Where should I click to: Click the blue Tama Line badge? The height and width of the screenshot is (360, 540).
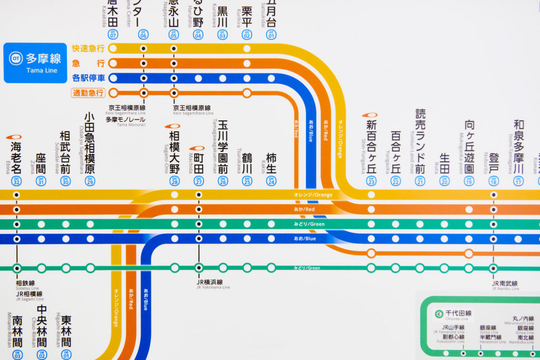click(x=35, y=63)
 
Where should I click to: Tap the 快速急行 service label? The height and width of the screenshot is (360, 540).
click(x=89, y=48)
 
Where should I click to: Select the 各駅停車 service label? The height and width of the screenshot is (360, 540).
click(x=89, y=78)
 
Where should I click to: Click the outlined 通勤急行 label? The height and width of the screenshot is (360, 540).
click(x=89, y=93)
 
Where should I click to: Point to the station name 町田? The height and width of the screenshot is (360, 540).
click(x=199, y=162)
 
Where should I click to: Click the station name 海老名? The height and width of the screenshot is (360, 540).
click(x=16, y=156)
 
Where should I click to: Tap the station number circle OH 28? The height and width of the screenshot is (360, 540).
click(x=175, y=181)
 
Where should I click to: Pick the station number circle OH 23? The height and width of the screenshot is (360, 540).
click(x=371, y=181)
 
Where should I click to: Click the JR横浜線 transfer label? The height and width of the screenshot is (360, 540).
click(x=209, y=282)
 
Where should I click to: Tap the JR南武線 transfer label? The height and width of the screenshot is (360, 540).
click(x=505, y=284)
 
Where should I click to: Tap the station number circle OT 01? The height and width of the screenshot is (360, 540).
click(x=272, y=35)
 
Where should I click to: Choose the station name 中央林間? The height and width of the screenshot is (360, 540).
click(x=42, y=326)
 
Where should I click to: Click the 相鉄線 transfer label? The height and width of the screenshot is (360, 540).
click(x=25, y=283)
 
